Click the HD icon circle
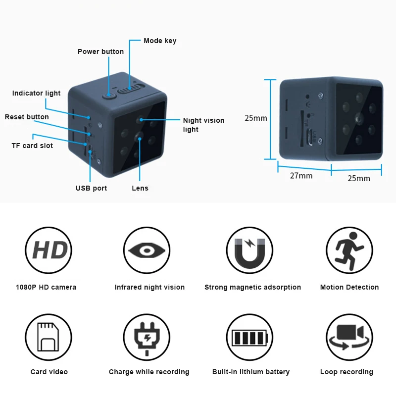49,250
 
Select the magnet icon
249,250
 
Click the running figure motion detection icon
349,250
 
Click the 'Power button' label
100,51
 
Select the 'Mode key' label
160,41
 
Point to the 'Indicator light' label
36,93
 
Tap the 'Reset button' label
27,117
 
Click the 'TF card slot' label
32,146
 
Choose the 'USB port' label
91,188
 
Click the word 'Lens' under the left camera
140,188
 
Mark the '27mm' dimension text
301,176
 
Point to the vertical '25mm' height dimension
256,118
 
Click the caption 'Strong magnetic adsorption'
252,287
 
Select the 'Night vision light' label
203,125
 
